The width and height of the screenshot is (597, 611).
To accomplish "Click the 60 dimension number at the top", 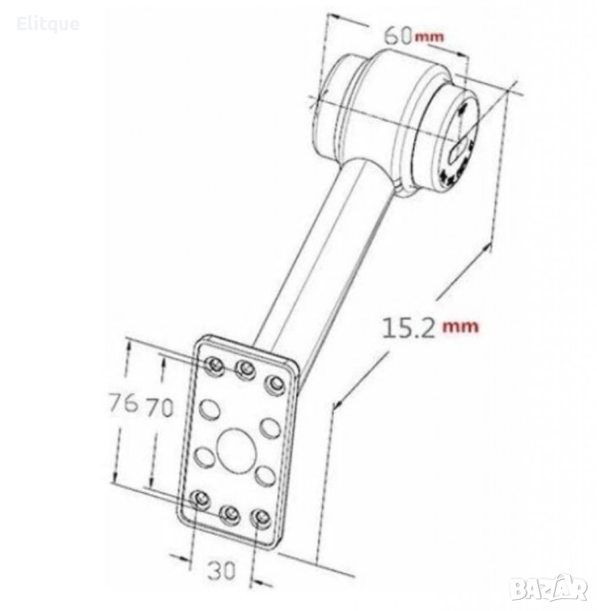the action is pos(397,37).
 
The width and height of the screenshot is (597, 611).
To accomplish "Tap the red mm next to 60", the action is pos(429,37).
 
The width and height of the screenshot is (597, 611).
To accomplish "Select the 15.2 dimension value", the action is pos(409,328).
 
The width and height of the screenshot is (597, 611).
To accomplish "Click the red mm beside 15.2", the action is pos(460,326).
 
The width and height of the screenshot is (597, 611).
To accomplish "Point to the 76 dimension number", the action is pos(123,403).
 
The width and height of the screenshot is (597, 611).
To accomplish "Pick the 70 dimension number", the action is pos(159,408).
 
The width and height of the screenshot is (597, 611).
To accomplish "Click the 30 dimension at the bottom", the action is pos(221,570).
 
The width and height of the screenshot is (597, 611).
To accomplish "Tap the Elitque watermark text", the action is pos(48,24).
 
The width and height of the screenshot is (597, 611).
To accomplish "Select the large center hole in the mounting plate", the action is pos(237,448).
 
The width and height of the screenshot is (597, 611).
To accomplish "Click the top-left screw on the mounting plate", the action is pos(214,366).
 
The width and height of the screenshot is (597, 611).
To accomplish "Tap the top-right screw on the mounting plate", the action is pos(274,384).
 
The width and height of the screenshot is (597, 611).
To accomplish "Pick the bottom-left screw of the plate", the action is pos(200,499).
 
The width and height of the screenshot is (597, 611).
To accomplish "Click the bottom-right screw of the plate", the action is pos(261,519).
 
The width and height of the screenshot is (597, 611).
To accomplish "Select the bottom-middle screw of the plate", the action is pos(230,516).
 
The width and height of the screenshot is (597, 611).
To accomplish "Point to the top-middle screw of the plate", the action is pos(246,368).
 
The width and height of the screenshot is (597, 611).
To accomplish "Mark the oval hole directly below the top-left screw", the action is pos(210,410).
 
